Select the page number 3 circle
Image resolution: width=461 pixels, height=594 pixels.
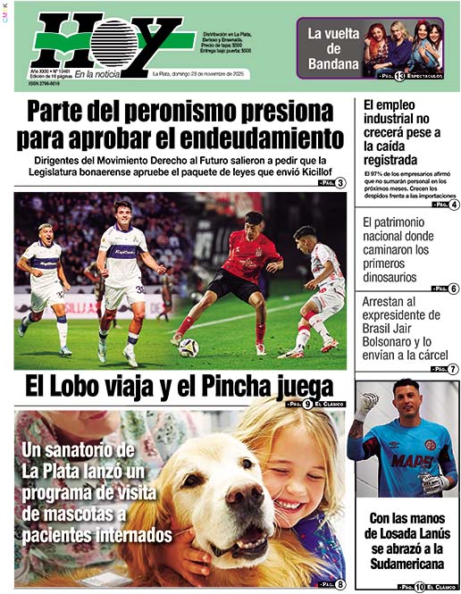click(340, 182)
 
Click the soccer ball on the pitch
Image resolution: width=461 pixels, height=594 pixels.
click(189, 347)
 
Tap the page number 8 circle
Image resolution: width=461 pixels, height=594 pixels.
click(340, 584)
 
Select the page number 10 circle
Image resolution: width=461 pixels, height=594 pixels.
click(419, 586)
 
